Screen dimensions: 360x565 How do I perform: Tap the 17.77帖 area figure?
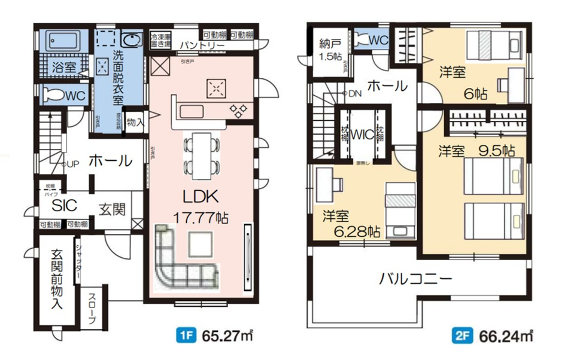coord(196,216)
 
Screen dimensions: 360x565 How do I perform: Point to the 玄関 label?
coord(112,209)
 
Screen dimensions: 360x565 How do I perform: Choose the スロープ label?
coord(93,309)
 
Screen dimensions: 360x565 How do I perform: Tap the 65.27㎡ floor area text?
coord(222,335)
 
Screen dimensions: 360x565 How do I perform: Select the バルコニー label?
coord(414,279)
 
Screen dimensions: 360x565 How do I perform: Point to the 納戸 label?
coord(327,44)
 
